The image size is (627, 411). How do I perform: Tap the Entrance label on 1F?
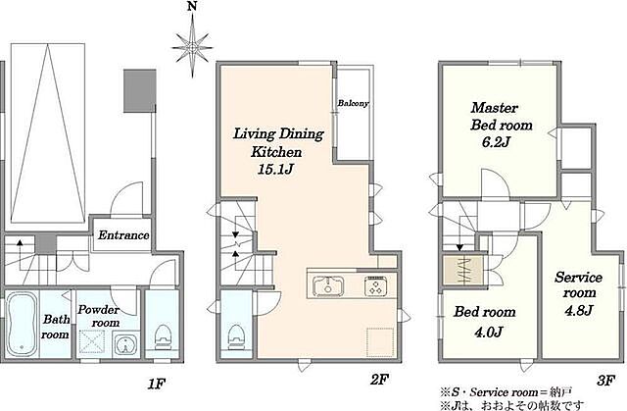(x=123, y=235)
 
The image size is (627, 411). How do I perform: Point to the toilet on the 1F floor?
(x=163, y=338)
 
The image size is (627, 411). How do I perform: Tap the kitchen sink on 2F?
(x=328, y=285)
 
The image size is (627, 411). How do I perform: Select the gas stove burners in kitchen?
(x=375, y=286)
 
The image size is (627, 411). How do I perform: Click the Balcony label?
(x=353, y=103)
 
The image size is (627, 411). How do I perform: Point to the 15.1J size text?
(x=275, y=170)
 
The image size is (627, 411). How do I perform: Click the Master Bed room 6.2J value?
(x=496, y=142)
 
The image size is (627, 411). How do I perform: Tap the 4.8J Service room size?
(x=578, y=310)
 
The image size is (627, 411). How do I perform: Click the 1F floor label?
(x=157, y=384)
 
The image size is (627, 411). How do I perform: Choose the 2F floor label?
(x=379, y=380)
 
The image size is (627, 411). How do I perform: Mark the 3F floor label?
(x=605, y=381)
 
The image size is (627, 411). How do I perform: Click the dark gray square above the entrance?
(x=139, y=91)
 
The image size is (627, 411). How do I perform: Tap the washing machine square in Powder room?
(x=91, y=343)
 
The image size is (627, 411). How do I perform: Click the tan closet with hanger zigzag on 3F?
(x=462, y=271)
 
